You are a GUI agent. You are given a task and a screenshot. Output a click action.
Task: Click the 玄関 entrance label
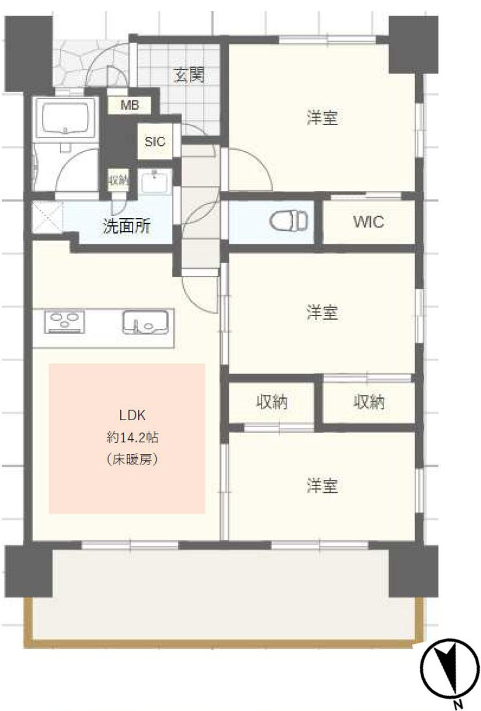pos(189,76)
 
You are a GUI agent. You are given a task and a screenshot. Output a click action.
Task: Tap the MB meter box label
pos(129,105)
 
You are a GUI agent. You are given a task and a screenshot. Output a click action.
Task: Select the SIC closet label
pos(155,141)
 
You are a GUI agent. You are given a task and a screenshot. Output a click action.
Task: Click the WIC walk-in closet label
pos(368,222)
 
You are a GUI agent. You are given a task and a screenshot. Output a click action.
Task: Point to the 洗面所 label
pos(126,226)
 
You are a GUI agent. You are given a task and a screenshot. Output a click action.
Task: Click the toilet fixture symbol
pos(289,219)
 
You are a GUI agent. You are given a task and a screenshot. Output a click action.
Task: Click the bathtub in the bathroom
pos(65,116)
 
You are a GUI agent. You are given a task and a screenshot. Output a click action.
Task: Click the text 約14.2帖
pos(133,438)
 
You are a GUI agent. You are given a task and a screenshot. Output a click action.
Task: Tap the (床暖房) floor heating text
pos(133,460)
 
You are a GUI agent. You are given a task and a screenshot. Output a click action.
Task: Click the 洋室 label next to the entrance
pos(322,118)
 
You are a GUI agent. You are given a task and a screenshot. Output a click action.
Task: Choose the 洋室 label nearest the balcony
pos(322,486)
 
